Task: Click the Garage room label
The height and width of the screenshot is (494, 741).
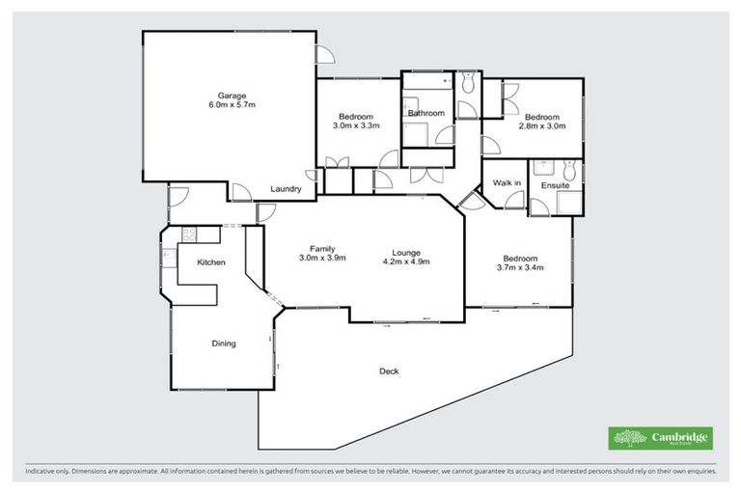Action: [x=232, y=96]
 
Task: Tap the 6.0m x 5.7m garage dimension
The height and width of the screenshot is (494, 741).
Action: [x=232, y=105]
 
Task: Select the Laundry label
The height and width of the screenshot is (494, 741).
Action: [x=287, y=189]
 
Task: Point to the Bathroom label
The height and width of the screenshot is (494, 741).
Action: [x=425, y=114]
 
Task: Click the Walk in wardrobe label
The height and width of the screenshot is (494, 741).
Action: [x=507, y=182]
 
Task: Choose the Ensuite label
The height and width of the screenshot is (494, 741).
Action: [x=554, y=183]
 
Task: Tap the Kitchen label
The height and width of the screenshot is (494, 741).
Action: [x=211, y=262]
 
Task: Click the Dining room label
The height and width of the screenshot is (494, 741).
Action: [x=224, y=343]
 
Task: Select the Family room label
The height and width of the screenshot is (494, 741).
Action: [x=321, y=249]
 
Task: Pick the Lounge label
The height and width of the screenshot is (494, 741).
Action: [x=405, y=250]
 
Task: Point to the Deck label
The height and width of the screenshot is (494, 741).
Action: [x=389, y=370]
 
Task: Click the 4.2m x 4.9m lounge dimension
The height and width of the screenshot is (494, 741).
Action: [x=405, y=261]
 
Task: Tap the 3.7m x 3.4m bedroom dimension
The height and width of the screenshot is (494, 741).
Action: [x=521, y=268]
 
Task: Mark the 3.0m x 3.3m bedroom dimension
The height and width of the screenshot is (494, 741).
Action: [x=356, y=126]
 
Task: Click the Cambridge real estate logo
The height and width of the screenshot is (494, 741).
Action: [x=661, y=437]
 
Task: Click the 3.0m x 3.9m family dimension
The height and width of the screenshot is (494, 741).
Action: [x=321, y=260]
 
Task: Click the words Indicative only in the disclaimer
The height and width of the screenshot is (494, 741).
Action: [x=48, y=472]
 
